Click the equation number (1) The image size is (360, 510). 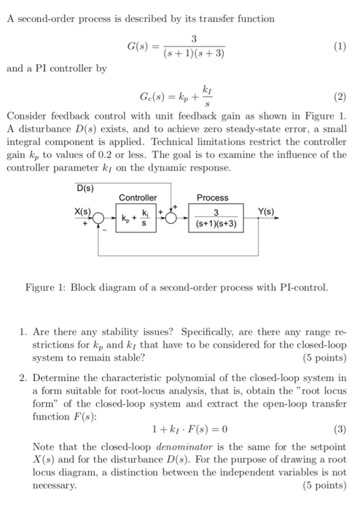click(x=339, y=48)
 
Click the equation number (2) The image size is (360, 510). click(x=339, y=95)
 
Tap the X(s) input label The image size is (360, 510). click(x=83, y=211)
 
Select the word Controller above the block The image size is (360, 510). click(x=138, y=198)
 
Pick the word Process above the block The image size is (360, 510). click(x=212, y=197)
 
